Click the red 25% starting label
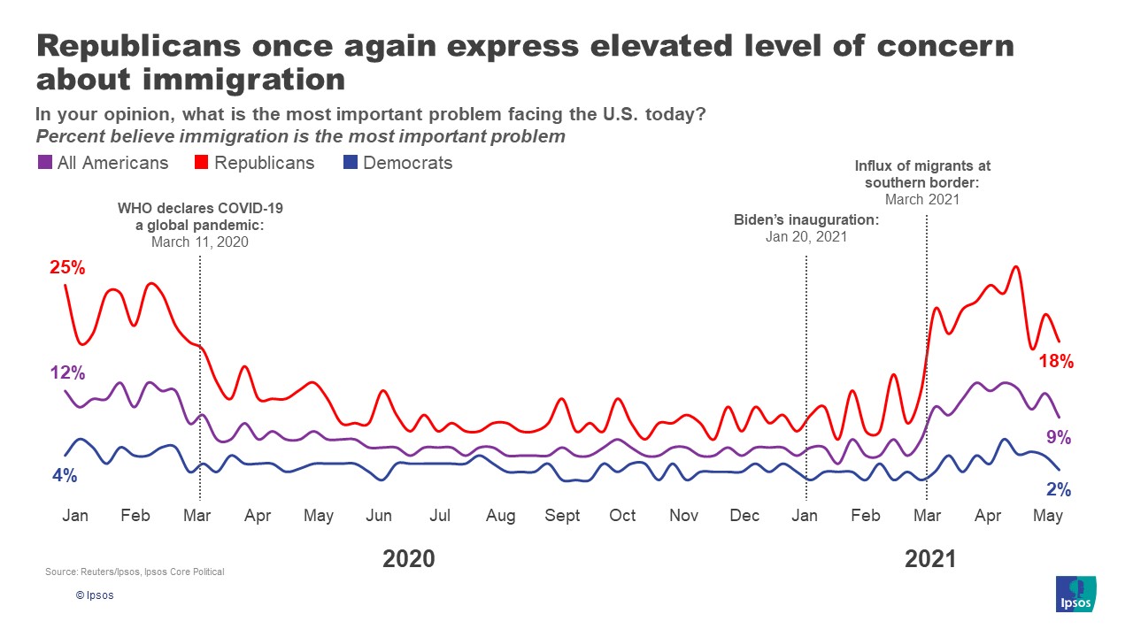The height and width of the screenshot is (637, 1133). (67, 267)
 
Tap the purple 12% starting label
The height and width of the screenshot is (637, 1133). (67, 373)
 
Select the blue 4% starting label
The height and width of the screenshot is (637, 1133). (65, 475)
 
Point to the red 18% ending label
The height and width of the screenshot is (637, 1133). (1056, 361)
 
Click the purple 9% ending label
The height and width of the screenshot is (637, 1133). (1059, 437)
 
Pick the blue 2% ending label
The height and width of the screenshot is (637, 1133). (1059, 489)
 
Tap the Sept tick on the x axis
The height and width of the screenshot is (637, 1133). (562, 516)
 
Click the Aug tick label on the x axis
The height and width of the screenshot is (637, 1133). (500, 516)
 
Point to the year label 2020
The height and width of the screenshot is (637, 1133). (409, 558)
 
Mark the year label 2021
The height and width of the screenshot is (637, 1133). (930, 558)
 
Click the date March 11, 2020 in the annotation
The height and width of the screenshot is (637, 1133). (200, 241)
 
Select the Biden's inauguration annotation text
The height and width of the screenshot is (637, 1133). (806, 219)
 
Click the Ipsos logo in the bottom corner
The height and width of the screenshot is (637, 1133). (1075, 594)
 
